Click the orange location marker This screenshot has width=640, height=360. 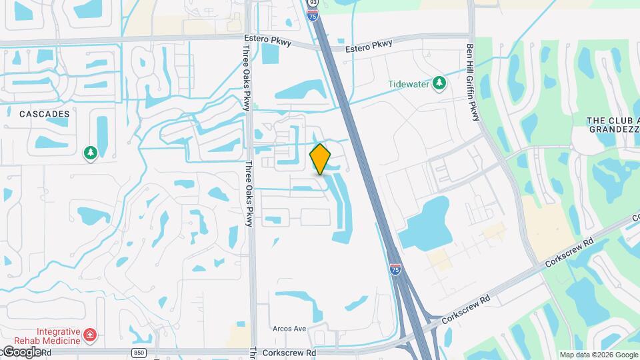coord(321,159)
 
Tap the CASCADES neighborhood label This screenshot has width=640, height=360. coord(44,114)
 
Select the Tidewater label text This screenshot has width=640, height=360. coord(409,84)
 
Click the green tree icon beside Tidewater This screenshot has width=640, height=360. coord(439,83)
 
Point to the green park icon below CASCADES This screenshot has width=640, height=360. coord(89,153)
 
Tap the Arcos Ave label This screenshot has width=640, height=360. coord(289,329)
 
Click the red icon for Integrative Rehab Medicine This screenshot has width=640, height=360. coord(91,333)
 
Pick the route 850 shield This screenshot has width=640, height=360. coord(138,352)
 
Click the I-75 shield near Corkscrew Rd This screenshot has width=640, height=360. coord(395,269)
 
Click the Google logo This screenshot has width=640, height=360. coord(21,351)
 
